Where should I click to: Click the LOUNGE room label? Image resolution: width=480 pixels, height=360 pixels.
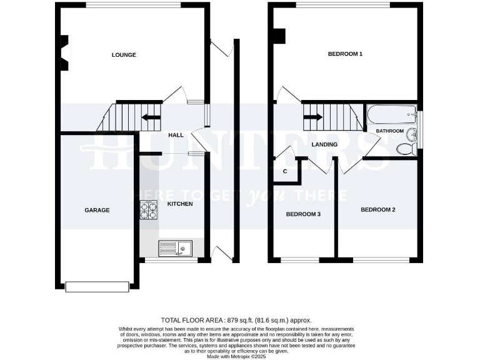[124, 55]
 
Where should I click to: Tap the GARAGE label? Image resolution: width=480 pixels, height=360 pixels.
[97, 210]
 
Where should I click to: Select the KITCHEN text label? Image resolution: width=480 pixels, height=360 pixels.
[180, 204]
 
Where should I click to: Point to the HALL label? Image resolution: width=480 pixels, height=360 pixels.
[176, 135]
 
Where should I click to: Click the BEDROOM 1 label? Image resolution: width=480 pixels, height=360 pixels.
[345, 54]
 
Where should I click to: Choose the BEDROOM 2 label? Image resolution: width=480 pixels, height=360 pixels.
[377, 209]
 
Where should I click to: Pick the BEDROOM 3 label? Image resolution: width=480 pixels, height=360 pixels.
[303, 214]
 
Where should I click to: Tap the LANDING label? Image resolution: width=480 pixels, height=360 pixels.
[324, 144]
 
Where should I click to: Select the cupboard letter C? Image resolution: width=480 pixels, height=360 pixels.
[285, 171]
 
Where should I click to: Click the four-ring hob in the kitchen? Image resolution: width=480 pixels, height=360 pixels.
[148, 209]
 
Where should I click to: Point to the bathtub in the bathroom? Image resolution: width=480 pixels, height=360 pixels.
[391, 114]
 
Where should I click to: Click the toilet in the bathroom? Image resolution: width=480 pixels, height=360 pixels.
[406, 149]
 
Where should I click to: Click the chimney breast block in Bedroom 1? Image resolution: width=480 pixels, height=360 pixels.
[279, 36]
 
